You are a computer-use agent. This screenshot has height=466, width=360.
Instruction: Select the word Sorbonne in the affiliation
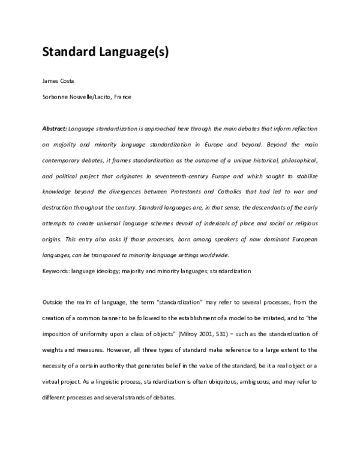click(56, 97)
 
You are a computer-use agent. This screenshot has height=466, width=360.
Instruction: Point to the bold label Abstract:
click(55, 129)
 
